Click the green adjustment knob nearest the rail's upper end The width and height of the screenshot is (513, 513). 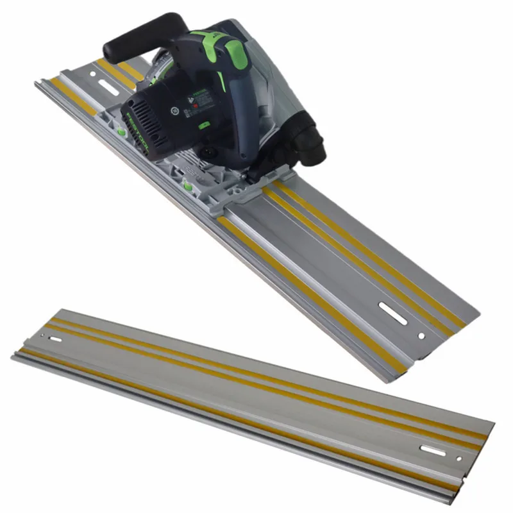[121, 131]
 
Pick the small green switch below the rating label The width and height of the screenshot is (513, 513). [205, 126]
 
